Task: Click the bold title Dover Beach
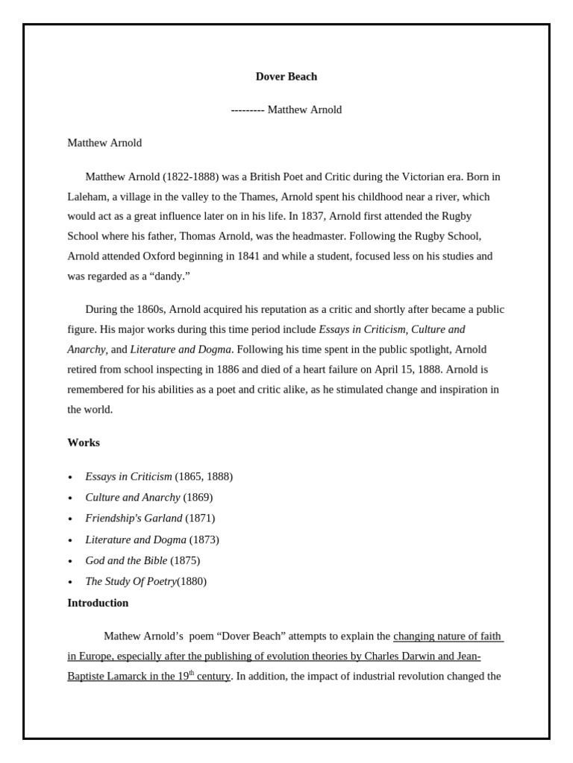(286, 76)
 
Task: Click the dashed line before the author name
(248, 110)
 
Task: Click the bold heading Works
(84, 443)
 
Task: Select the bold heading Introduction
(98, 603)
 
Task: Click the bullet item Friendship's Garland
(134, 518)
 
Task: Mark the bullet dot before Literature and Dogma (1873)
(70, 540)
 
